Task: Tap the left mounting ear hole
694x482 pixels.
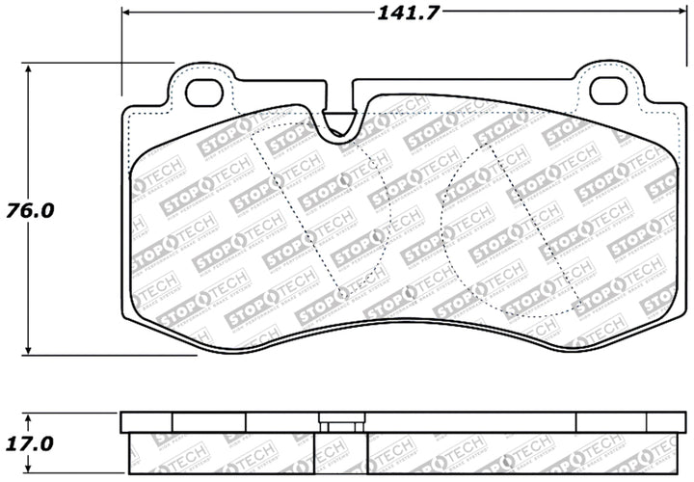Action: pos(203,92)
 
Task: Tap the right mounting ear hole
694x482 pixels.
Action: pos(608,92)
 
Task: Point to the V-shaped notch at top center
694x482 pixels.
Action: pos(338,123)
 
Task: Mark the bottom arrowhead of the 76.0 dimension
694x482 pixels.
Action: pos(31,349)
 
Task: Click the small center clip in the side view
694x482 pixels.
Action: pos(339,423)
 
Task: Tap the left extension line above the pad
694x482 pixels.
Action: pos(122,48)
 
